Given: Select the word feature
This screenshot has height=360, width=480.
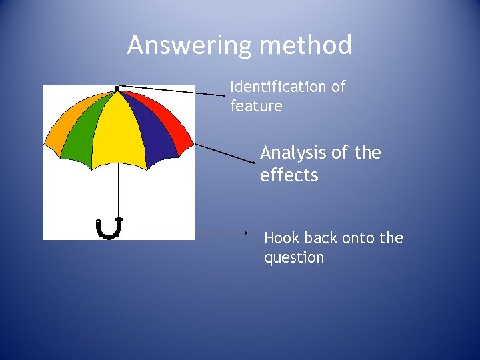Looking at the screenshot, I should click(256, 106).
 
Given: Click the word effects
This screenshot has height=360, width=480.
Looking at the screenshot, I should click(289, 175).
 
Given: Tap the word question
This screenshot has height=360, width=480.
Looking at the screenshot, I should click(294, 257).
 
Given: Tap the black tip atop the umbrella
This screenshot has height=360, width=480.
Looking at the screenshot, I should click(117, 88).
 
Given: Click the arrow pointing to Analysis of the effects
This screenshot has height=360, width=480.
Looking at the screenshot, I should click(227, 153).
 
